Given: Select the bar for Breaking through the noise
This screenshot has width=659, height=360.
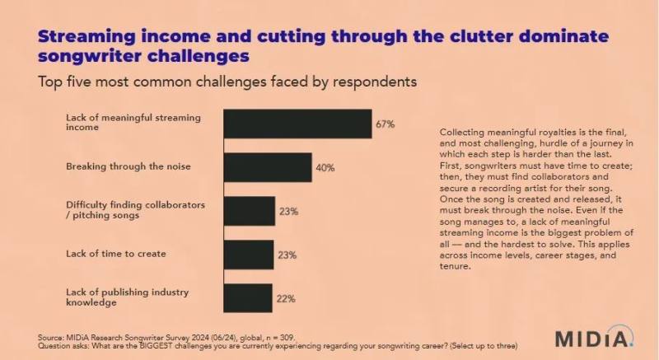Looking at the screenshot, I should [x=267, y=167].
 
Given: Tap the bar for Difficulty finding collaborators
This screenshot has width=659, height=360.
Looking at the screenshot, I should [x=249, y=211].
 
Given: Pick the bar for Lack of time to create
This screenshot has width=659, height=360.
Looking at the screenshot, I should [x=249, y=255].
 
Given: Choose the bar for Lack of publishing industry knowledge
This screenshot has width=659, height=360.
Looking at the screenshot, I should [x=247, y=298].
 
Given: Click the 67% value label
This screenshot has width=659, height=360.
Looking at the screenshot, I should [x=386, y=124].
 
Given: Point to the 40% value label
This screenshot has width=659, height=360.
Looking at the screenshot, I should [x=325, y=168].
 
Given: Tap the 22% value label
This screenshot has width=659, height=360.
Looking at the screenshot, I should [x=286, y=299].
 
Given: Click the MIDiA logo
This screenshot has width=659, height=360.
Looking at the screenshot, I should [x=593, y=338].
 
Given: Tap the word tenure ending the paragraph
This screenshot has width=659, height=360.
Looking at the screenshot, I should [x=457, y=267].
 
